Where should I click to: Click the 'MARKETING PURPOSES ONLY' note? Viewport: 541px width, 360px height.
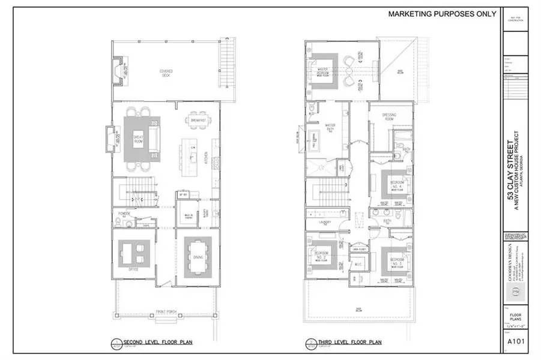click(x=442, y=13)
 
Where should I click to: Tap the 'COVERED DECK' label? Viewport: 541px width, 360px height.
click(x=166, y=72)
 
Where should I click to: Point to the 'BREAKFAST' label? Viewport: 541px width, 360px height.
click(x=199, y=121)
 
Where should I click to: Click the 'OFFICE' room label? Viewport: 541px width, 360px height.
click(x=133, y=270)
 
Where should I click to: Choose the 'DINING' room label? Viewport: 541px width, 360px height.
click(x=198, y=258)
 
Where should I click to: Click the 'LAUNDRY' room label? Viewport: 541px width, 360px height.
click(x=325, y=223)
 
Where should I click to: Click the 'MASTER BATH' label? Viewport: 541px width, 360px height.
click(x=329, y=126)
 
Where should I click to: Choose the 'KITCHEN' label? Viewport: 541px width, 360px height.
click(x=206, y=157)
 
